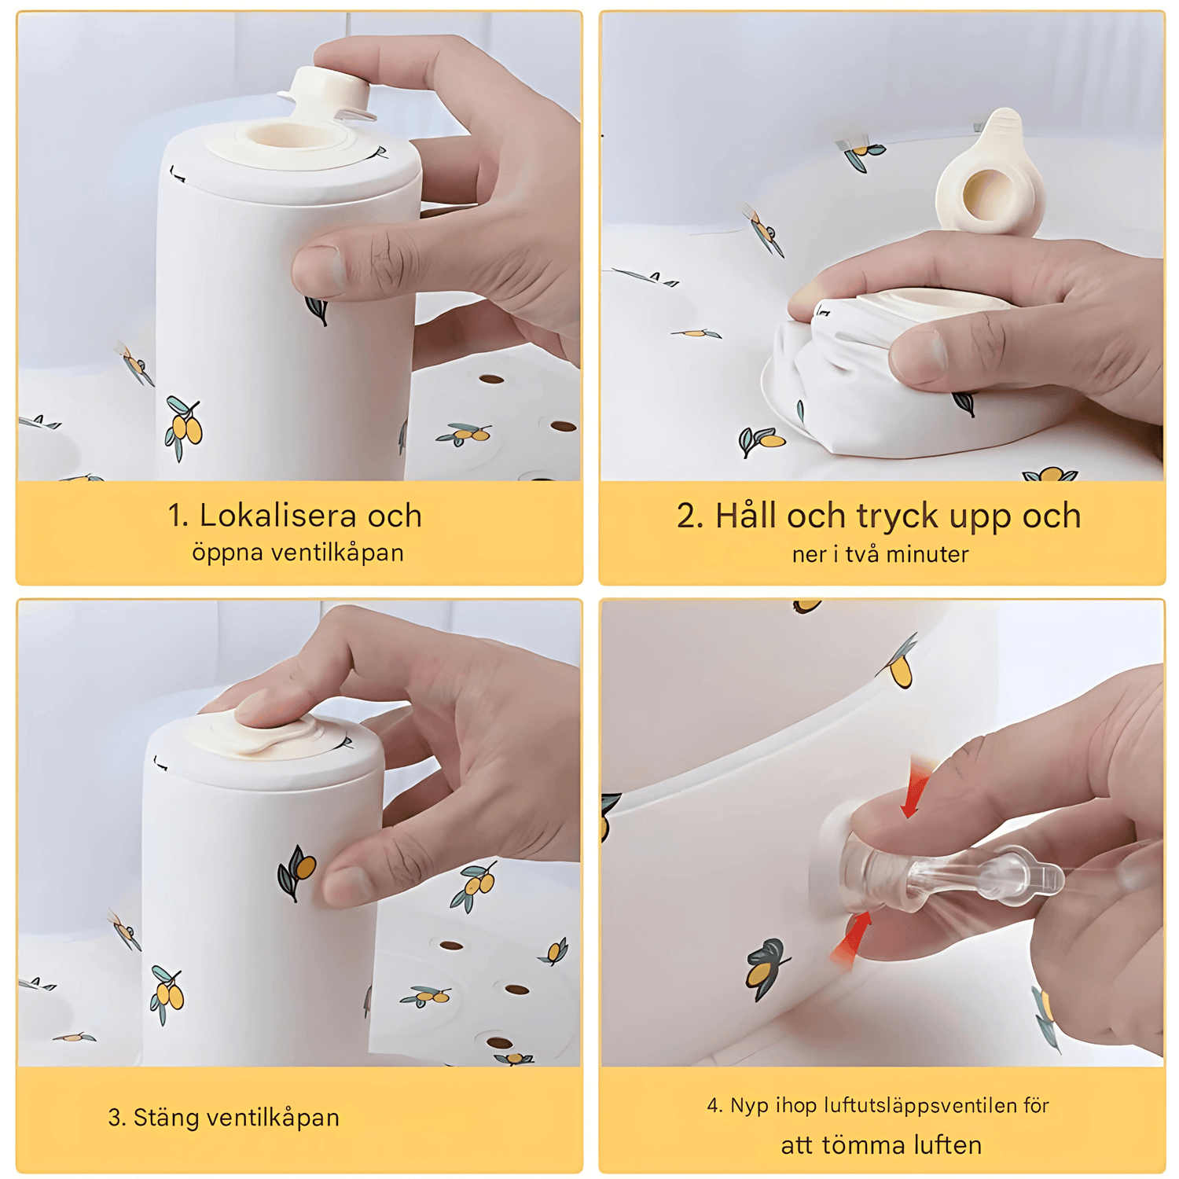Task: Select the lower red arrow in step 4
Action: tap(851, 939)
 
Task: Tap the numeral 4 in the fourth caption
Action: tap(714, 1107)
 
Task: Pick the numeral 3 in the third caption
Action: tap(116, 1118)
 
